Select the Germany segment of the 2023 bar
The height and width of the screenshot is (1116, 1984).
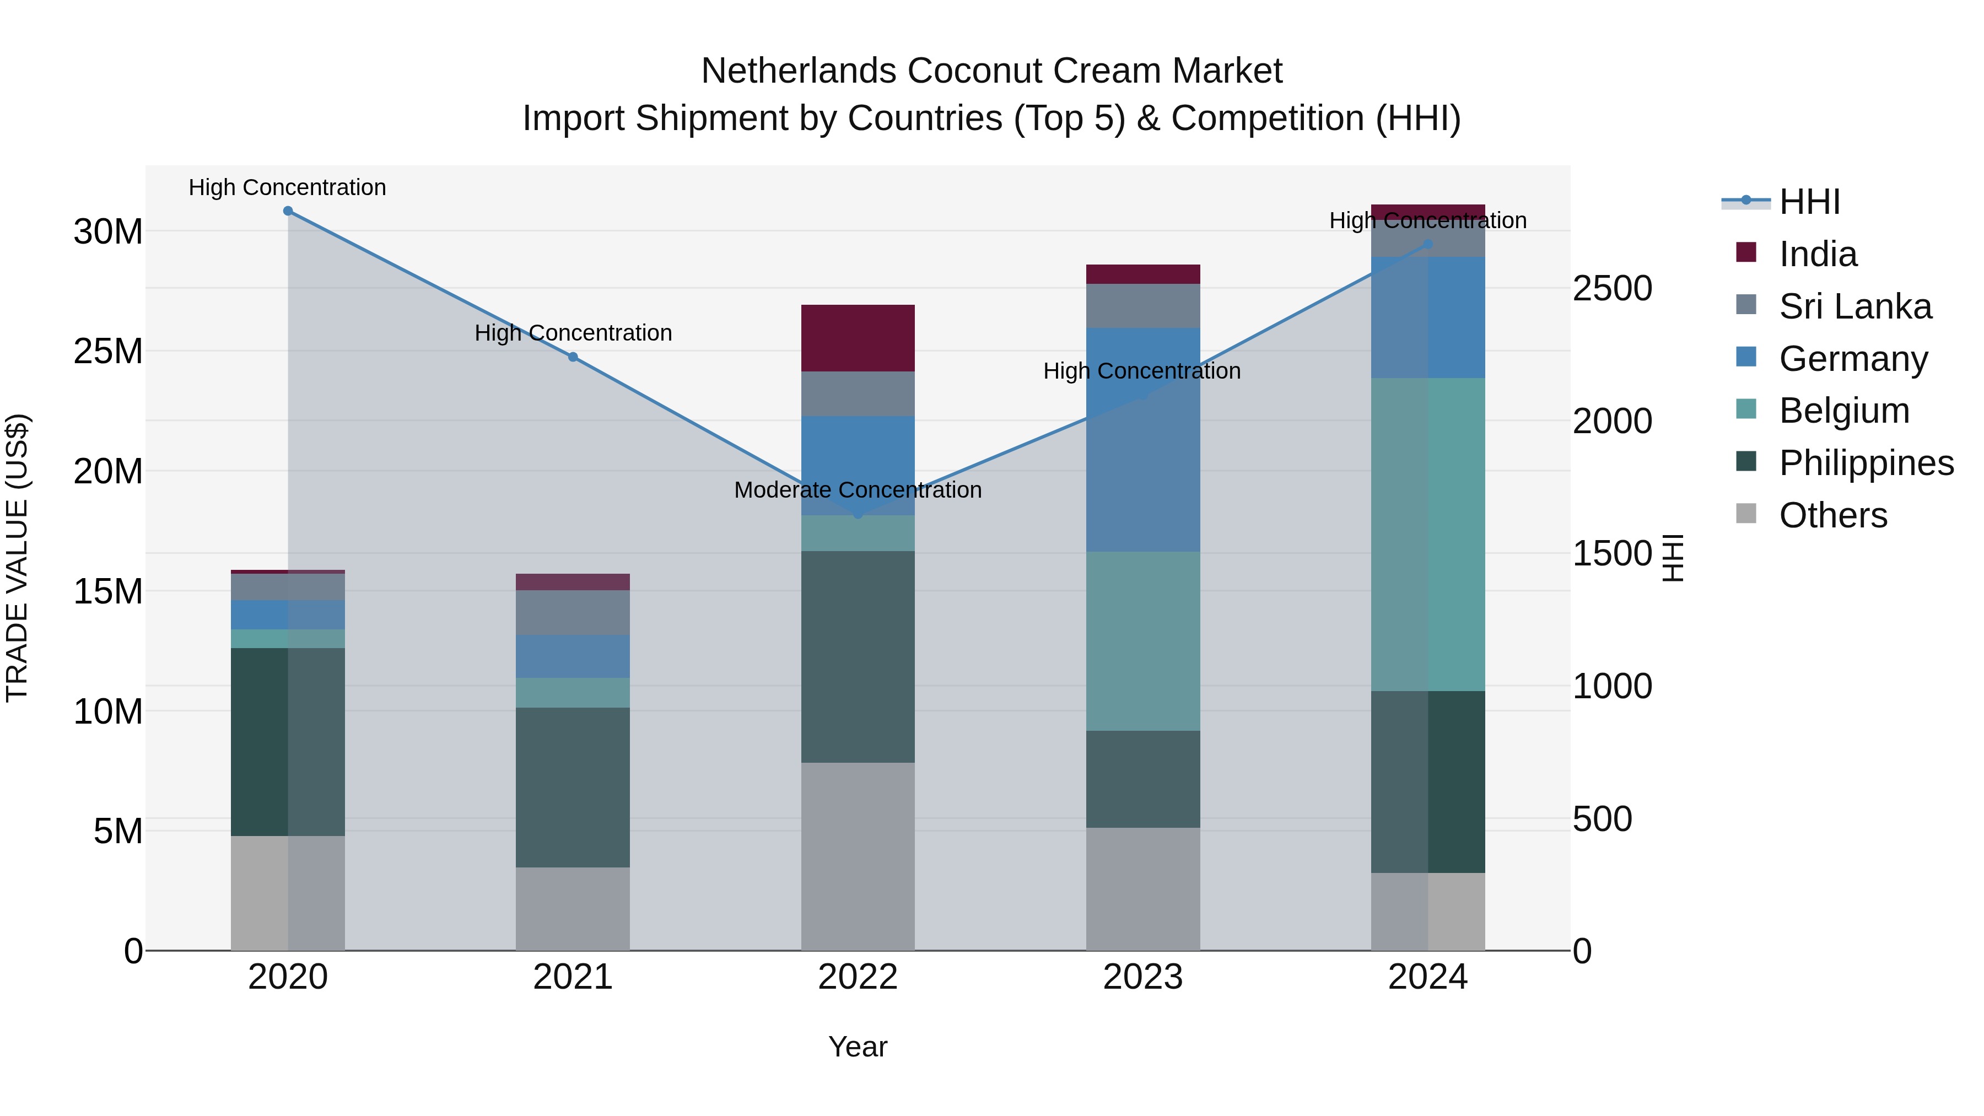(x=1142, y=439)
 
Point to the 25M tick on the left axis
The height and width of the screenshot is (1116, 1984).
(x=108, y=351)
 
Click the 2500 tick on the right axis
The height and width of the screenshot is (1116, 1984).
(x=1612, y=288)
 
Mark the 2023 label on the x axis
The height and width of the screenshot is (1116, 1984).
(x=1142, y=977)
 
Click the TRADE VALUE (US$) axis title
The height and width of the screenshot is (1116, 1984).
(x=17, y=558)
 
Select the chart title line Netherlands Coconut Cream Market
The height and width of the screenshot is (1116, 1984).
(x=991, y=71)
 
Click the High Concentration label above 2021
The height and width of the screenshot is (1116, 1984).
(x=573, y=333)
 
